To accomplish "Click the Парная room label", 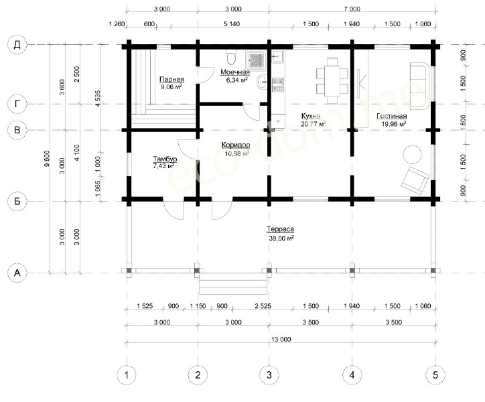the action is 171,80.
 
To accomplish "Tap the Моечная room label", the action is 235,72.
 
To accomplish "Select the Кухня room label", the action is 311,116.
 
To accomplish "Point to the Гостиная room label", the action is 392,116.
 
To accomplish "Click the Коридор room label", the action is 236,145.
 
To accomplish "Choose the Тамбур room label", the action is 165,159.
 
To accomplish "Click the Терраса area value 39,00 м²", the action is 281,239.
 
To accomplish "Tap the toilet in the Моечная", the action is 231,56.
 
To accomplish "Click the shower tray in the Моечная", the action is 256,60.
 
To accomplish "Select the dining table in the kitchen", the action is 332,81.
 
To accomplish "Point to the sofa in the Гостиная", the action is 420,86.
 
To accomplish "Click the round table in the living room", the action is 412,154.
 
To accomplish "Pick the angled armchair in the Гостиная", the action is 415,180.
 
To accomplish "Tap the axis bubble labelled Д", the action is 17,45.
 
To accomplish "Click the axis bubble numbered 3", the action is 269,375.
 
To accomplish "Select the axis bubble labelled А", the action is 17,273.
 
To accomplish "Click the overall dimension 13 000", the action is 281,339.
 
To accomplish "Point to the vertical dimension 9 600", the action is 47,159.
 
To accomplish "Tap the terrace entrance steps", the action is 233,286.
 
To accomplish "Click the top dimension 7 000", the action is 352,9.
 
